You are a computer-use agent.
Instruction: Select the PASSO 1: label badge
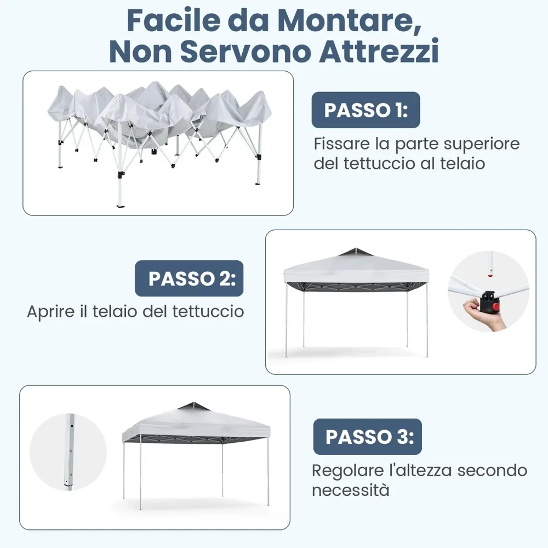click(366, 110)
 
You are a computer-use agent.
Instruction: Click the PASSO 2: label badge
click(189, 278)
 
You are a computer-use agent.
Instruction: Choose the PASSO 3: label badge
click(367, 437)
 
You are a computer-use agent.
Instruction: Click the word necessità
click(351, 490)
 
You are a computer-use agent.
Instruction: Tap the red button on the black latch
click(495, 307)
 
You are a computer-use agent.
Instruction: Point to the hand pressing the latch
click(483, 314)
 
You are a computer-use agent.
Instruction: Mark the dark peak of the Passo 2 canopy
click(355, 252)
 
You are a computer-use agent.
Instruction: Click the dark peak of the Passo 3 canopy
click(193, 407)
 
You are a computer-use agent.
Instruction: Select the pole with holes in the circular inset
click(70, 452)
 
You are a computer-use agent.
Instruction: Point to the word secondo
click(492, 470)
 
